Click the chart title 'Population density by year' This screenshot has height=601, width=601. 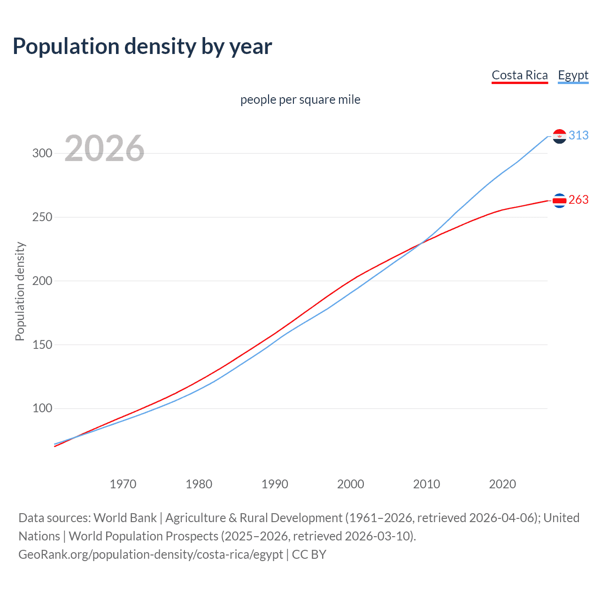tap(142, 46)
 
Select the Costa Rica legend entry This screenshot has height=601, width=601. tap(519, 76)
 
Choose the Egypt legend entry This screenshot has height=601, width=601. tap(573, 76)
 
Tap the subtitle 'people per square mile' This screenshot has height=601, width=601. tap(300, 100)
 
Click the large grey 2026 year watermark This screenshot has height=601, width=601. tap(104, 148)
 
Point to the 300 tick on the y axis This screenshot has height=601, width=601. tap(42, 154)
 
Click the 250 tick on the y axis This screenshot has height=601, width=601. tap(42, 217)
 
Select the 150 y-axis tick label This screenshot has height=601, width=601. tap(42, 345)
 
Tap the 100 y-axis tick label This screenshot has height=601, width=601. tap(42, 408)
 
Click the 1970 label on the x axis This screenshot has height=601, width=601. tap(123, 484)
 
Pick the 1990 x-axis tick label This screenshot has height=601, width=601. tap(275, 484)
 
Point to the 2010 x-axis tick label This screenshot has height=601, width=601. tap(426, 484)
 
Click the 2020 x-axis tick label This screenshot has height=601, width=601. tap(502, 484)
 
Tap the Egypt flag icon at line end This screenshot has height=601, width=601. tap(559, 136)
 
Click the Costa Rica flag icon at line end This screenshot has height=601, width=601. tap(559, 200)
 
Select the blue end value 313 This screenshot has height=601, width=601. tap(578, 135)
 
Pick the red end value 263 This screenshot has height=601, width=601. tap(578, 200)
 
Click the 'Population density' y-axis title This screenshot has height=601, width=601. tap(20, 291)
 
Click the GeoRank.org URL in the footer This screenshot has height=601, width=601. tap(151, 555)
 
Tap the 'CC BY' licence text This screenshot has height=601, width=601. tap(309, 555)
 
